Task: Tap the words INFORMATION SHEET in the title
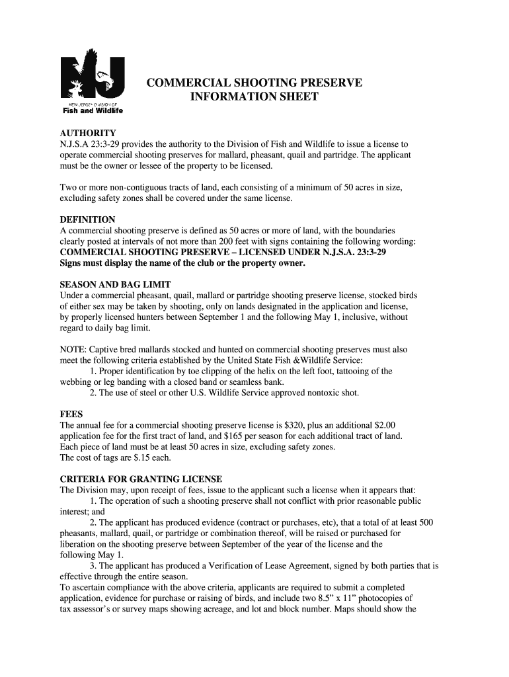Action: pos(254,97)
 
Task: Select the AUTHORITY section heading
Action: pos(88,133)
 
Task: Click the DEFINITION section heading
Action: pos(88,219)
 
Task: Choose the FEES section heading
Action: pos(71,414)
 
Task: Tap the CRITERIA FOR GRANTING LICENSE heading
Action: pos(141,479)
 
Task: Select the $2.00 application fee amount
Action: pos(382,425)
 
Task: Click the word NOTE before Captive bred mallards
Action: pos(73,349)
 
